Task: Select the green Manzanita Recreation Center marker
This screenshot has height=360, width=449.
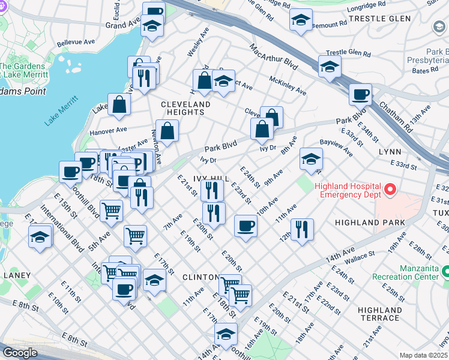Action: coord(445,272)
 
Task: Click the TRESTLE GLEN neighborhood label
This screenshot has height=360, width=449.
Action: coord(388,19)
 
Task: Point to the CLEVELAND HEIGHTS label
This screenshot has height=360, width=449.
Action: coord(185,108)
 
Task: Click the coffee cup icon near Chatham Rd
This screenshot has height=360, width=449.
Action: coord(360,94)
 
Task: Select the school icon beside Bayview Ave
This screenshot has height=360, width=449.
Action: coord(311,159)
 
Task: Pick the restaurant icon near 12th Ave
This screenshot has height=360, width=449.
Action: coord(302,229)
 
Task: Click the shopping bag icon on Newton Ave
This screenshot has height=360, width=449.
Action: coord(167,130)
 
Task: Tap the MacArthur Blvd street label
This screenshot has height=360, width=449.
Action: coord(274,56)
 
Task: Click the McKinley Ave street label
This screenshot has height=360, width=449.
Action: coord(288,86)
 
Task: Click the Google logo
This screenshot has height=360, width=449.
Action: coord(20,353)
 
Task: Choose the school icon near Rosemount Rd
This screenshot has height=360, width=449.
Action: coord(301,20)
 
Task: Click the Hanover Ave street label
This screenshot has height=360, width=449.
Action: coord(108,130)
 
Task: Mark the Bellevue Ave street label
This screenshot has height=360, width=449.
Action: coord(76,43)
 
